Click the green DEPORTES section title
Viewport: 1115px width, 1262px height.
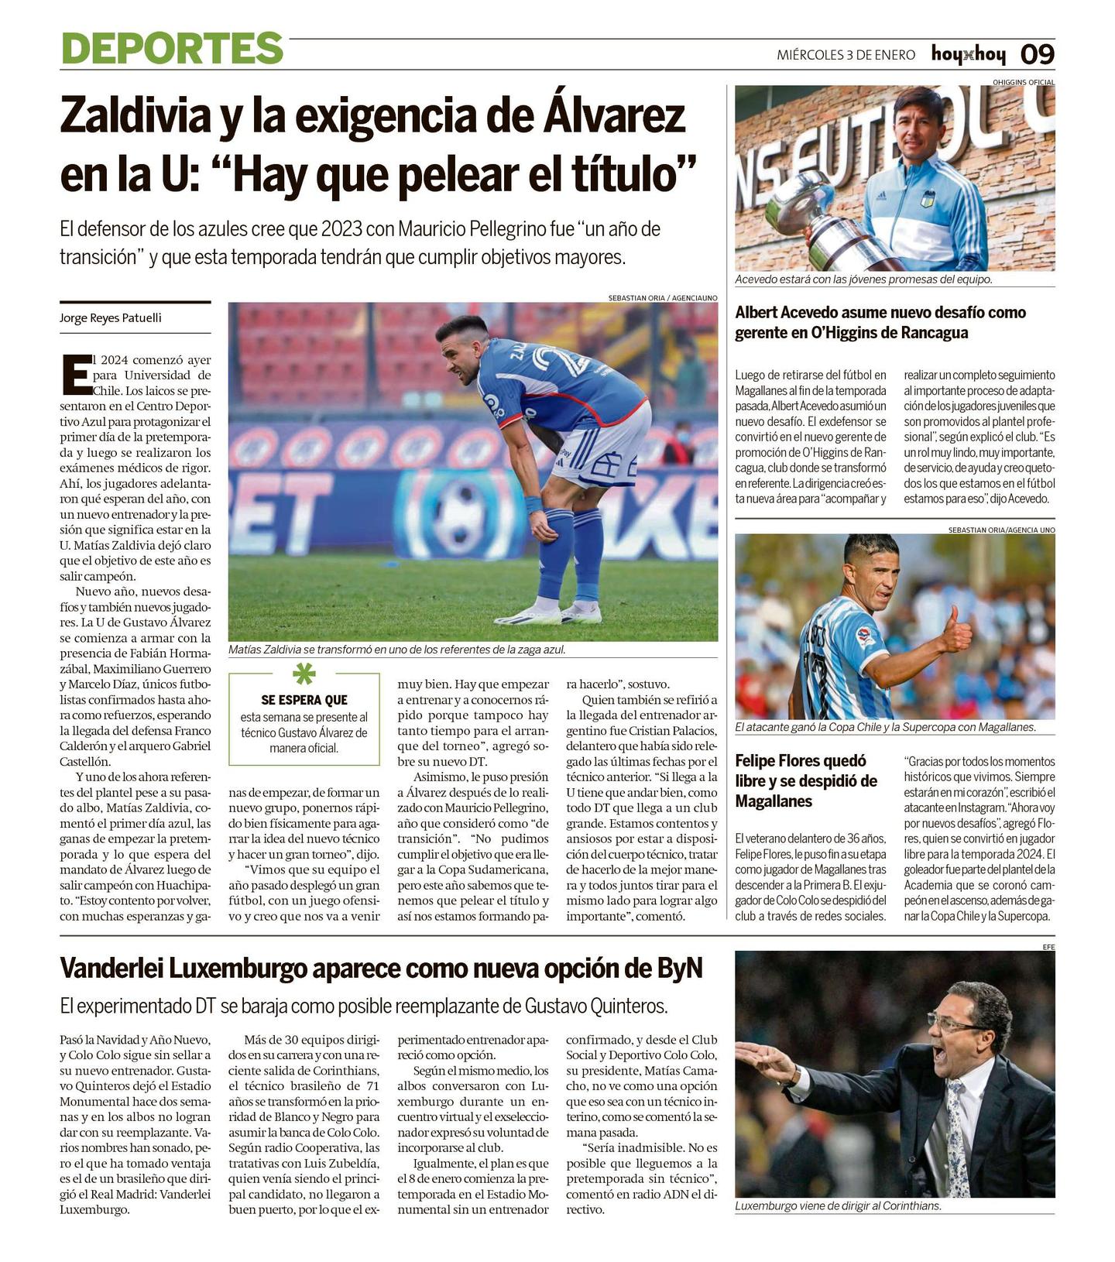click(x=172, y=48)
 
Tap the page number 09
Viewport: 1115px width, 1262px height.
click(x=1037, y=54)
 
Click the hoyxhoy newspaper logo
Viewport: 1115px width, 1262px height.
click(x=968, y=54)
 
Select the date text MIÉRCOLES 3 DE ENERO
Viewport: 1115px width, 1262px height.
click(x=846, y=55)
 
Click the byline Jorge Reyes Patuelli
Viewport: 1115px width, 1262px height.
click(x=111, y=318)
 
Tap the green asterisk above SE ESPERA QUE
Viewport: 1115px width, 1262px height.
click(x=304, y=674)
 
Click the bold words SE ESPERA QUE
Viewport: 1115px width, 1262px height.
click(x=304, y=700)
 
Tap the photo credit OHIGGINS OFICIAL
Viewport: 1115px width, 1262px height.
click(x=1023, y=81)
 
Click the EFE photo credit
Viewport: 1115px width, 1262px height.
click(x=1048, y=946)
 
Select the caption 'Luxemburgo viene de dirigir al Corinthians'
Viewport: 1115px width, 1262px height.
click(x=838, y=1205)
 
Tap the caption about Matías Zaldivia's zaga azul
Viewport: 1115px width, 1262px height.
click(x=396, y=650)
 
